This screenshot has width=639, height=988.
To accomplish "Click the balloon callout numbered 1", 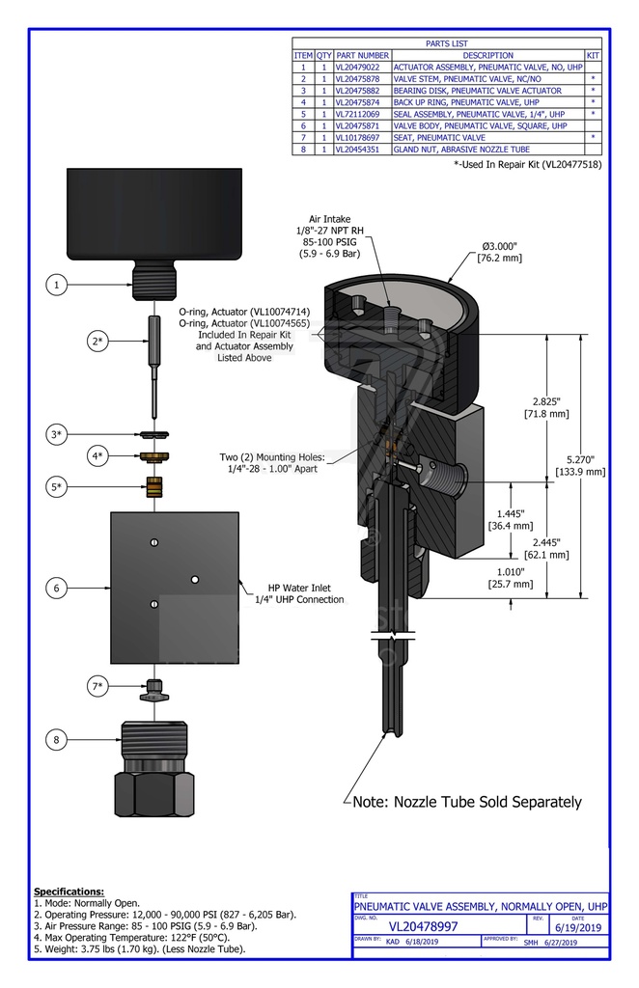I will (58, 285).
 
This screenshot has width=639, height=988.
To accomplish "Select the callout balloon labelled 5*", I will (58, 486).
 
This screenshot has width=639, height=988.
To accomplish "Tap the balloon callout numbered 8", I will (58, 740).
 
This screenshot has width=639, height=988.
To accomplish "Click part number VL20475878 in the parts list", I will (362, 79).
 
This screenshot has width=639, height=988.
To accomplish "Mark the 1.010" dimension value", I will (511, 570).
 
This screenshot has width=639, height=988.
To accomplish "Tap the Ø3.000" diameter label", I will (501, 247).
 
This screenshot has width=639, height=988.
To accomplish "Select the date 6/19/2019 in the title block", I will (580, 927).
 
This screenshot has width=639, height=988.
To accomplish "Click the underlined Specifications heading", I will (69, 891).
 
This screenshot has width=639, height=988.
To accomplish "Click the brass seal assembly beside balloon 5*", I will (153, 486).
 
